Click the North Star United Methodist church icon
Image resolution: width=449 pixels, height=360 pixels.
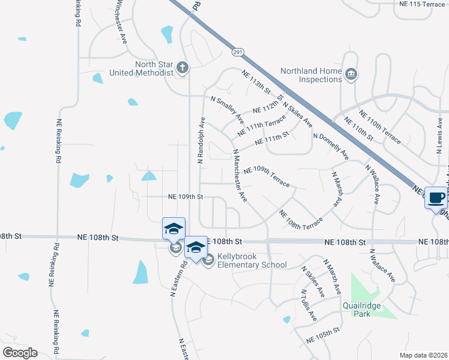[x=182, y=68]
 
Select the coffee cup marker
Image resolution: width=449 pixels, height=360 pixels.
[x=436, y=197]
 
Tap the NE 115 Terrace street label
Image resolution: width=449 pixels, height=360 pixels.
[x=422, y=4]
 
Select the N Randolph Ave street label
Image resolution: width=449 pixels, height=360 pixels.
[x=201, y=140]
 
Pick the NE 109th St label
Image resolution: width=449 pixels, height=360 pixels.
[x=186, y=196]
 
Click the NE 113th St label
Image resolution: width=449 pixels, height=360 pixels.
[x=256, y=81]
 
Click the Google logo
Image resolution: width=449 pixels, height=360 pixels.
[x=20, y=352]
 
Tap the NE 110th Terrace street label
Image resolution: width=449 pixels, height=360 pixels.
[x=380, y=128]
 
